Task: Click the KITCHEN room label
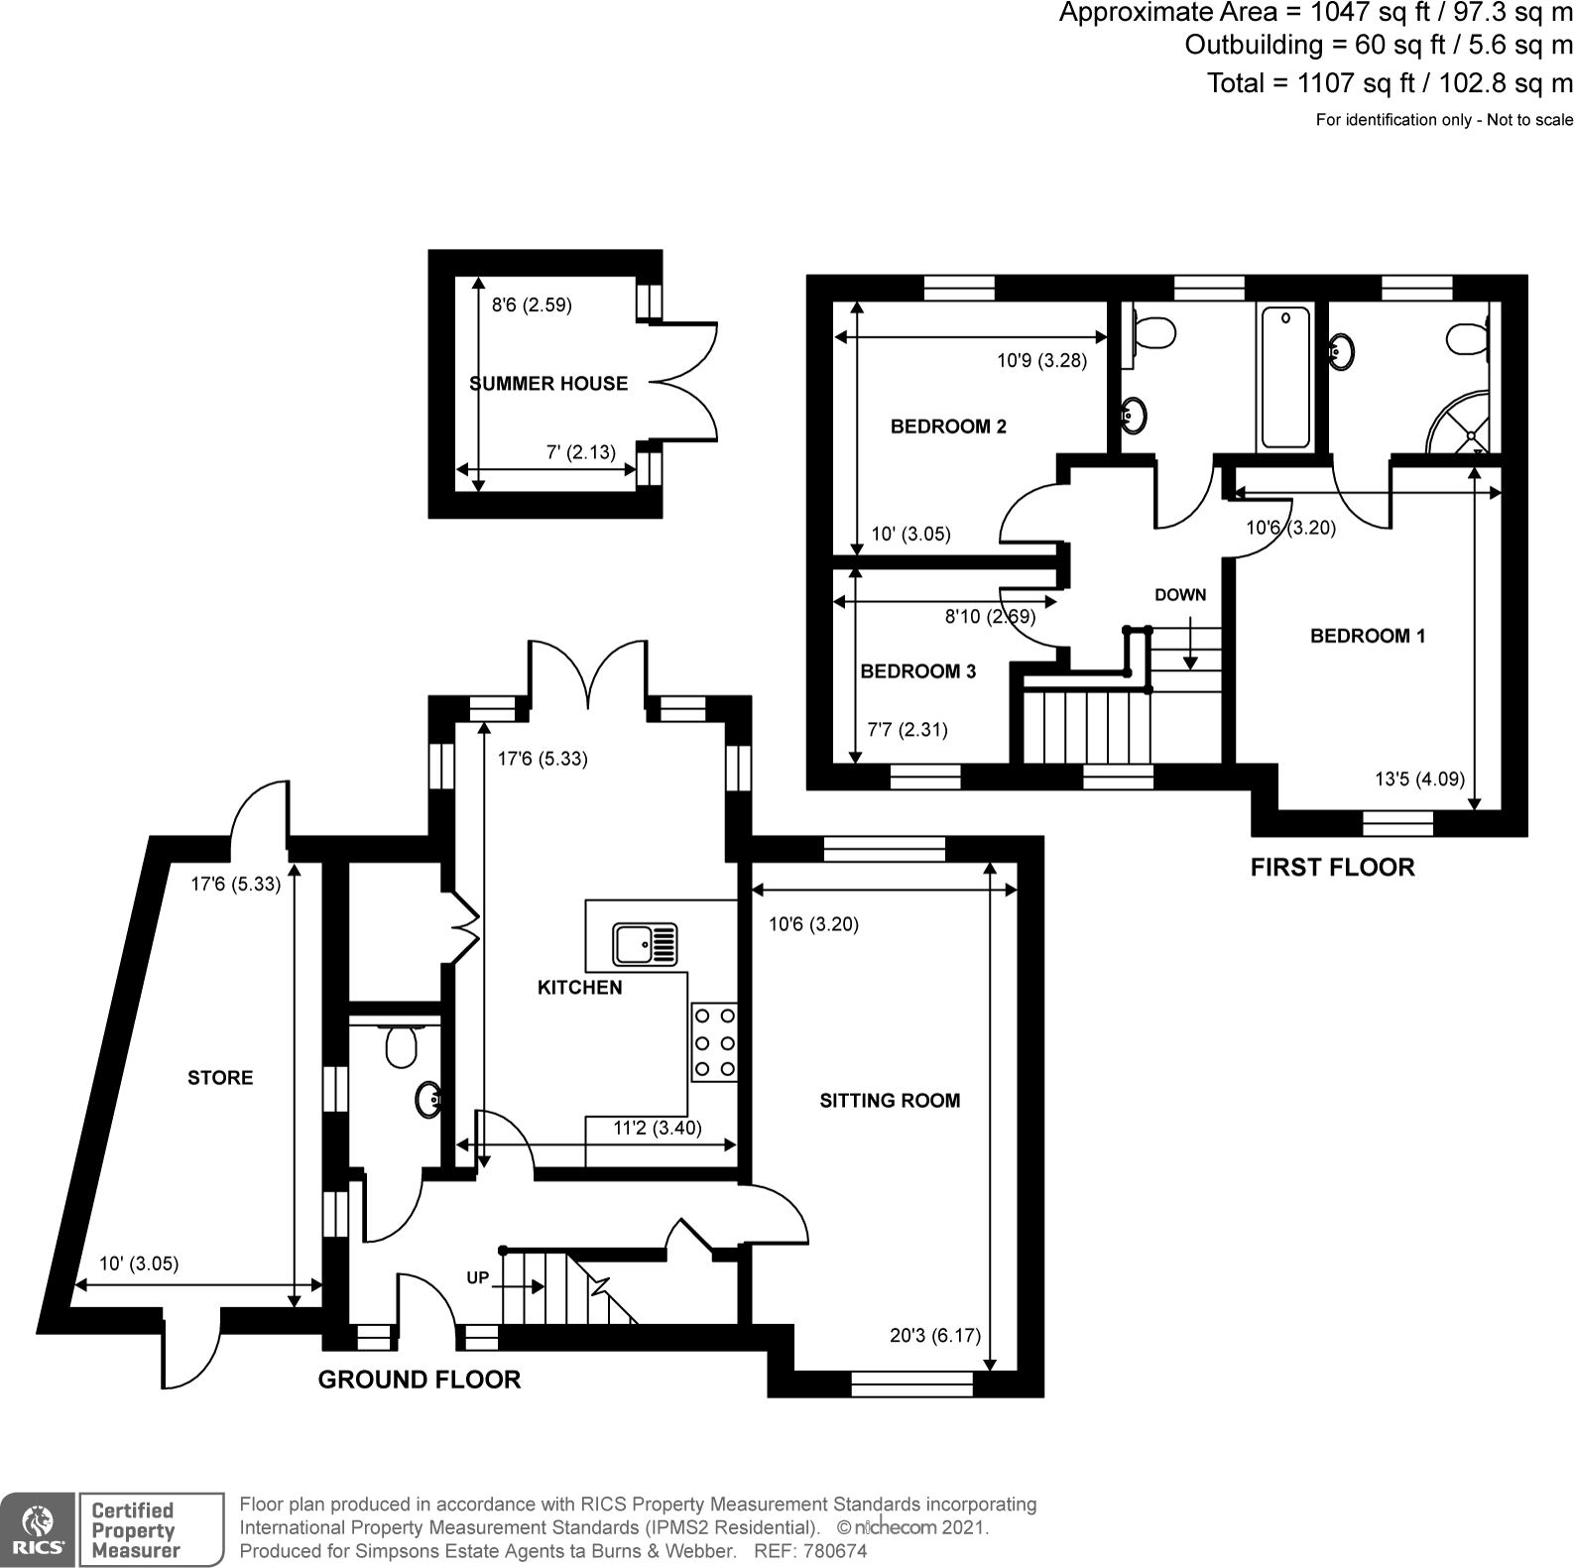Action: [x=579, y=987]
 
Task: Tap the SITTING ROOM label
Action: [x=890, y=1100]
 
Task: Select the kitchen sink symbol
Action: [x=646, y=943]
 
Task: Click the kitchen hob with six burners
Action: [x=715, y=1041]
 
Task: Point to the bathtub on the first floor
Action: [x=1285, y=377]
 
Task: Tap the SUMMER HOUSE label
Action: [x=548, y=384]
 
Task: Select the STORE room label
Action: [x=220, y=1077]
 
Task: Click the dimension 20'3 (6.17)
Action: [x=934, y=1335]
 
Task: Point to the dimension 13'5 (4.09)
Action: [x=1419, y=779]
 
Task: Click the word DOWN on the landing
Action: [x=1180, y=595]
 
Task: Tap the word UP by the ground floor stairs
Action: [x=478, y=1277]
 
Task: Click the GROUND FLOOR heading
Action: [x=419, y=1380]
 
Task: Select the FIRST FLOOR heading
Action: [x=1332, y=867]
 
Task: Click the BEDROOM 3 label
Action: [x=917, y=671]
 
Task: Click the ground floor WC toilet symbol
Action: [x=401, y=1045]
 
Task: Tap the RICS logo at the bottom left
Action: [x=37, y=1529]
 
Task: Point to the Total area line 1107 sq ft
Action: [x=1390, y=83]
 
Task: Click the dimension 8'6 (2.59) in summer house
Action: [x=532, y=305]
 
